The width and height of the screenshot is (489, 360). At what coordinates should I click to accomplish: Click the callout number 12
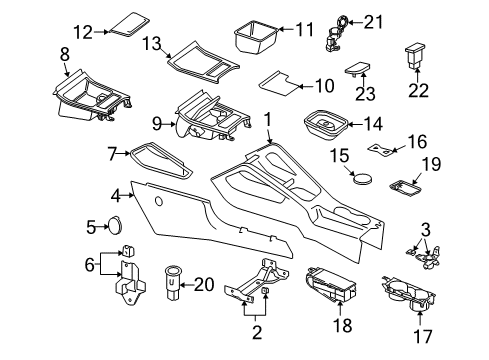pos(83,32)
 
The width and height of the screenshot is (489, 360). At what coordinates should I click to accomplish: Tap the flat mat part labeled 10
pos(278,83)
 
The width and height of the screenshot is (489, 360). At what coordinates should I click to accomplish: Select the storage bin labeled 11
pos(256,37)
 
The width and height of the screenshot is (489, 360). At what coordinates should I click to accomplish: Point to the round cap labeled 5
pos(115,226)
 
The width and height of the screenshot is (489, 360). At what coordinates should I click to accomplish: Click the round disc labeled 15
pos(363,178)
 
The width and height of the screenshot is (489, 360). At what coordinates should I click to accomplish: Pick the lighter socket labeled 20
pos(172,282)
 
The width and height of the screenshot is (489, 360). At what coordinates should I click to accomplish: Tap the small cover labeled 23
pos(358,68)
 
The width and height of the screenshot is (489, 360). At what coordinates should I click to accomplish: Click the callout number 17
pos(423,336)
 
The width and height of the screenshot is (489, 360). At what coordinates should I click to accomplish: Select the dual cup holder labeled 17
pos(409,293)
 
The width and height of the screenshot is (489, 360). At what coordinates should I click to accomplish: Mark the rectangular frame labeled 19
pos(406,187)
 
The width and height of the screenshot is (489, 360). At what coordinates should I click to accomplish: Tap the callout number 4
pos(116,196)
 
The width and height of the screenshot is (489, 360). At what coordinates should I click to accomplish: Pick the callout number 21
pos(374,22)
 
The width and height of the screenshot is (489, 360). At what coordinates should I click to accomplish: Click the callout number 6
pos(90,265)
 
